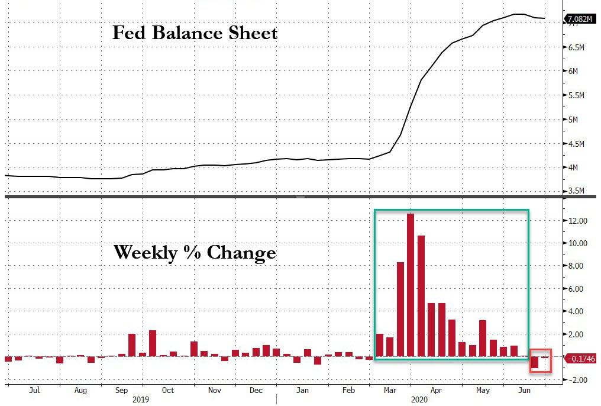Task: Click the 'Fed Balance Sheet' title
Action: pyautogui.click(x=195, y=33)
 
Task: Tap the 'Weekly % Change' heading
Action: pyautogui.click(x=195, y=253)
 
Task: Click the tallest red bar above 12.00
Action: pyautogui.click(x=411, y=284)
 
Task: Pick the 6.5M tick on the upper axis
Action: pyautogui.click(x=576, y=47)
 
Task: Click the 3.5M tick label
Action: pyautogui.click(x=576, y=191)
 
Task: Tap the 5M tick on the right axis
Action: pyautogui.click(x=573, y=120)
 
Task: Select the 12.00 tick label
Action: pyautogui.click(x=577, y=221)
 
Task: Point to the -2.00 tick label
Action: pyautogui.click(x=577, y=380)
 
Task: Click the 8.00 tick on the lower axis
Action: pyautogui.click(x=577, y=266)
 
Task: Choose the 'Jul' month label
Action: pyautogui.click(x=34, y=391)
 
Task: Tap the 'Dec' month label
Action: pyautogui.click(x=256, y=391)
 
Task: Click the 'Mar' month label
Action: pyautogui.click(x=390, y=391)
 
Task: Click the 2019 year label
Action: pyautogui.click(x=141, y=399)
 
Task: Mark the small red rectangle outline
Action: pyautogui.click(x=540, y=360)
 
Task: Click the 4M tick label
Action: pyautogui.click(x=573, y=167)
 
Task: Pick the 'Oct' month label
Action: pyautogui.click(x=168, y=391)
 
